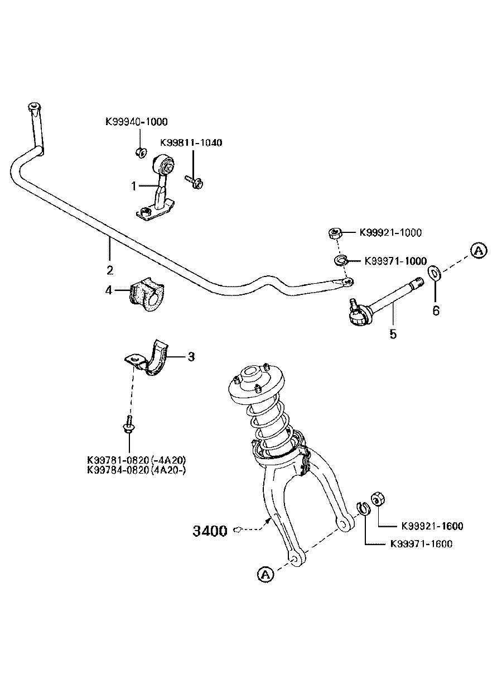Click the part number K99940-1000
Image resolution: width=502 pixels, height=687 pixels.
pyautogui.click(x=136, y=122)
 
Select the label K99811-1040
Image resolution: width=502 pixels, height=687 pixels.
pyautogui.click(x=191, y=143)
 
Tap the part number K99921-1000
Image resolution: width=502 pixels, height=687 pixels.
pyautogui.click(x=390, y=233)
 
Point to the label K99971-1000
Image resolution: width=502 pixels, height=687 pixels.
pyautogui.click(x=395, y=261)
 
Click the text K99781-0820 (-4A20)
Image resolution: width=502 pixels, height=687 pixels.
pyautogui.click(x=137, y=460)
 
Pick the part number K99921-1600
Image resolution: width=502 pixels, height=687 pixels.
pyautogui.click(x=432, y=526)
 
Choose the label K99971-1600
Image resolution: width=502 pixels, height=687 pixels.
pyautogui.click(x=421, y=544)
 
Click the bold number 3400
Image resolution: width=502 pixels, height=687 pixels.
pyautogui.click(x=210, y=531)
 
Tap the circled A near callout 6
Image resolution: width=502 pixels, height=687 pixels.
pyautogui.click(x=477, y=251)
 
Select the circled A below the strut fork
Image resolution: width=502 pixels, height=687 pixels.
pyautogui.click(x=266, y=574)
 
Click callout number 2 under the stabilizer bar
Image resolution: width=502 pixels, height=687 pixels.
pyautogui.click(x=110, y=270)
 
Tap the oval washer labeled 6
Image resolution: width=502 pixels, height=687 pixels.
pyautogui.click(x=434, y=273)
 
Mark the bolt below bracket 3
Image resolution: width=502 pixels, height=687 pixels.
pyautogui.click(x=129, y=425)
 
